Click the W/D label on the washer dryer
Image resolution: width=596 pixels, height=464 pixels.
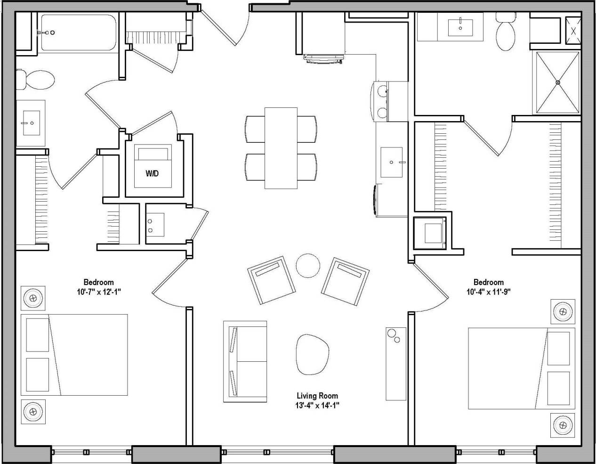(152, 174)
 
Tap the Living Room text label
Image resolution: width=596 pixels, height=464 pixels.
(317, 396)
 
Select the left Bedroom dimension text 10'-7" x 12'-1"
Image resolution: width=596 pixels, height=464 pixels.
(99, 292)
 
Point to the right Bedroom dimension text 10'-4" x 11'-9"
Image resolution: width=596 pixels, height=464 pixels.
(489, 291)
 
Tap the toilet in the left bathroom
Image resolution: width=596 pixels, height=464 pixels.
(35, 79)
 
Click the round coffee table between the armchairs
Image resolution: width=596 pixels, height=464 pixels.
(308, 266)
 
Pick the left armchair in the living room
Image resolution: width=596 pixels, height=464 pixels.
(273, 281)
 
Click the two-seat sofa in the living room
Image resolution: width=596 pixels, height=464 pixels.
(245, 361)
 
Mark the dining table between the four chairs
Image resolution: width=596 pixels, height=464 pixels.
(281, 148)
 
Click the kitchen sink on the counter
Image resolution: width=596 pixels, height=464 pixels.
(392, 162)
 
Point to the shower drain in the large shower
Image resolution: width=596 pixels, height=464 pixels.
(558, 82)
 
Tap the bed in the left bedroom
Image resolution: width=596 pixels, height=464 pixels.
(74, 355)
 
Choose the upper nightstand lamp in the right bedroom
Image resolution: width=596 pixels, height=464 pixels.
(564, 310)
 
